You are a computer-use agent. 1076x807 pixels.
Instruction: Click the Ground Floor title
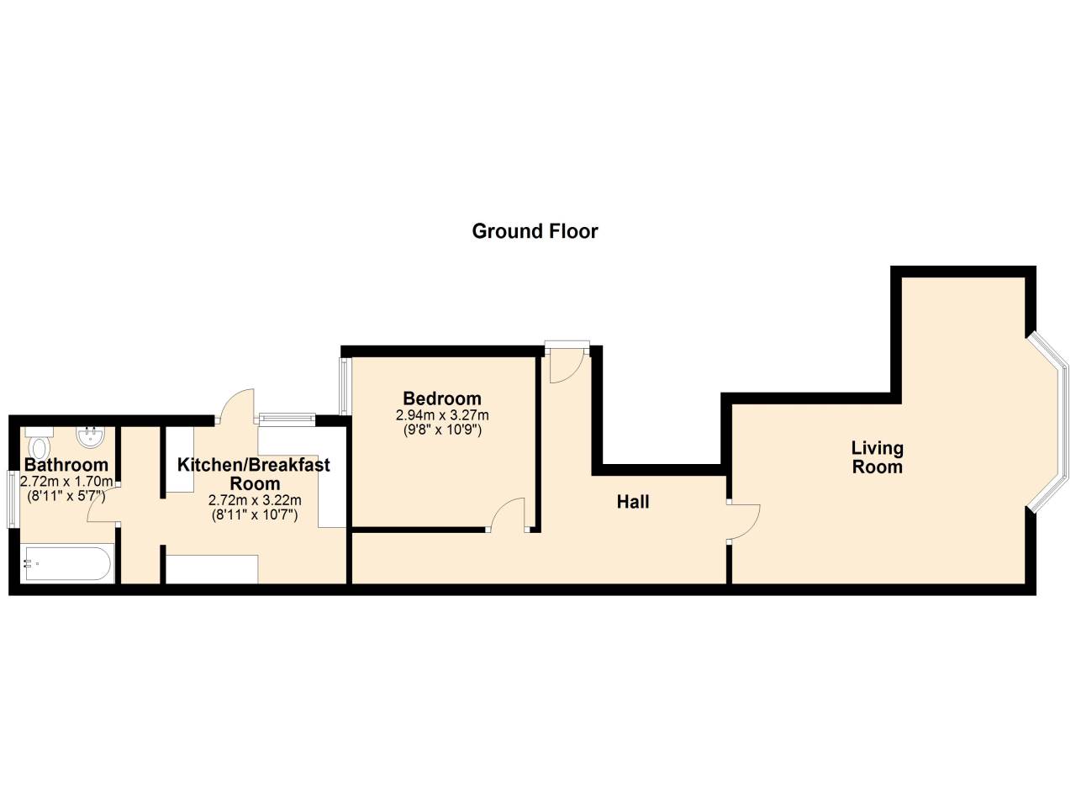(535, 231)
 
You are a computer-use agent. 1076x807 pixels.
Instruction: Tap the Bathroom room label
(66, 465)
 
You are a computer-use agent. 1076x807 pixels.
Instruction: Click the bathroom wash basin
(89, 437)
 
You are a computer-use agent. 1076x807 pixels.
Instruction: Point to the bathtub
(66, 564)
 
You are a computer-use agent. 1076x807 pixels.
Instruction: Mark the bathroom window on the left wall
(12, 498)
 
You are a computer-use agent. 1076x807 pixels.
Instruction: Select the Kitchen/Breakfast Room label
(254, 474)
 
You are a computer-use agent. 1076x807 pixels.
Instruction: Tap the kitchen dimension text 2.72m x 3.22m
(254, 499)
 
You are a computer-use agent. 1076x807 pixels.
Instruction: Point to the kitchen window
(287, 417)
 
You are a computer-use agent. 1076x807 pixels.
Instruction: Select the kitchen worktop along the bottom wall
(212, 568)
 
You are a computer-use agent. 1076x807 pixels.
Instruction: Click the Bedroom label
(442, 398)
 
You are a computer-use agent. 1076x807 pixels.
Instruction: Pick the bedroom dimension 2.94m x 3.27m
(442, 415)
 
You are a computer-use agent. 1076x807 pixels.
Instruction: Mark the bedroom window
(345, 386)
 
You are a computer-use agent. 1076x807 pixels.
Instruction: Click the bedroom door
(509, 515)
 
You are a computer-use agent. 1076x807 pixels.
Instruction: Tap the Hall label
(633, 502)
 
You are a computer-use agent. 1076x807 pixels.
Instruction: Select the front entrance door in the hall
(566, 364)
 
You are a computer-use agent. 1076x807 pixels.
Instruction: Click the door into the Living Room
(743, 521)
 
